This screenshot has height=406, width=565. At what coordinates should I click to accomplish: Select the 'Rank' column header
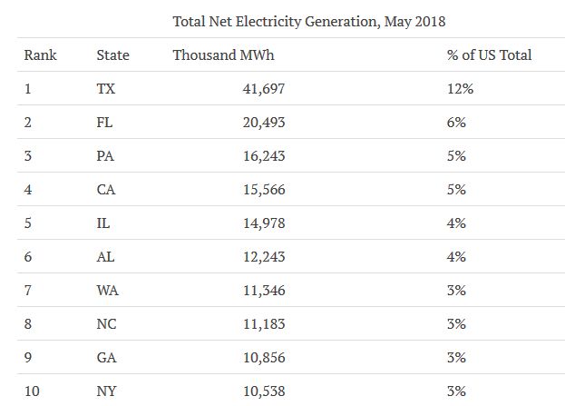(x=40, y=55)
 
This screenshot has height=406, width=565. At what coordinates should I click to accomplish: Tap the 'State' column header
(x=112, y=55)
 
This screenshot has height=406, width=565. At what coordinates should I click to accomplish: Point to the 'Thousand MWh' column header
(x=223, y=55)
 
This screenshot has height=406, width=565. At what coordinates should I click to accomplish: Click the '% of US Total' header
(x=489, y=55)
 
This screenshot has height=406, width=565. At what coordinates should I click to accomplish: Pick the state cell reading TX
(x=106, y=89)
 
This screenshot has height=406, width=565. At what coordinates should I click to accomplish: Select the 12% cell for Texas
(x=460, y=89)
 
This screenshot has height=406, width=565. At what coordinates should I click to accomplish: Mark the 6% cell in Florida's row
(x=456, y=123)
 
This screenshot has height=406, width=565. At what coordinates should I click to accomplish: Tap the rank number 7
(x=28, y=291)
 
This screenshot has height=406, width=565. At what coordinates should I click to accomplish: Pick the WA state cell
(x=106, y=291)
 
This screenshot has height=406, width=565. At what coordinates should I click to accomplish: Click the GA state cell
(x=105, y=358)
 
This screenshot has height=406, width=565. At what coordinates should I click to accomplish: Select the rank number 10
(x=32, y=391)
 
